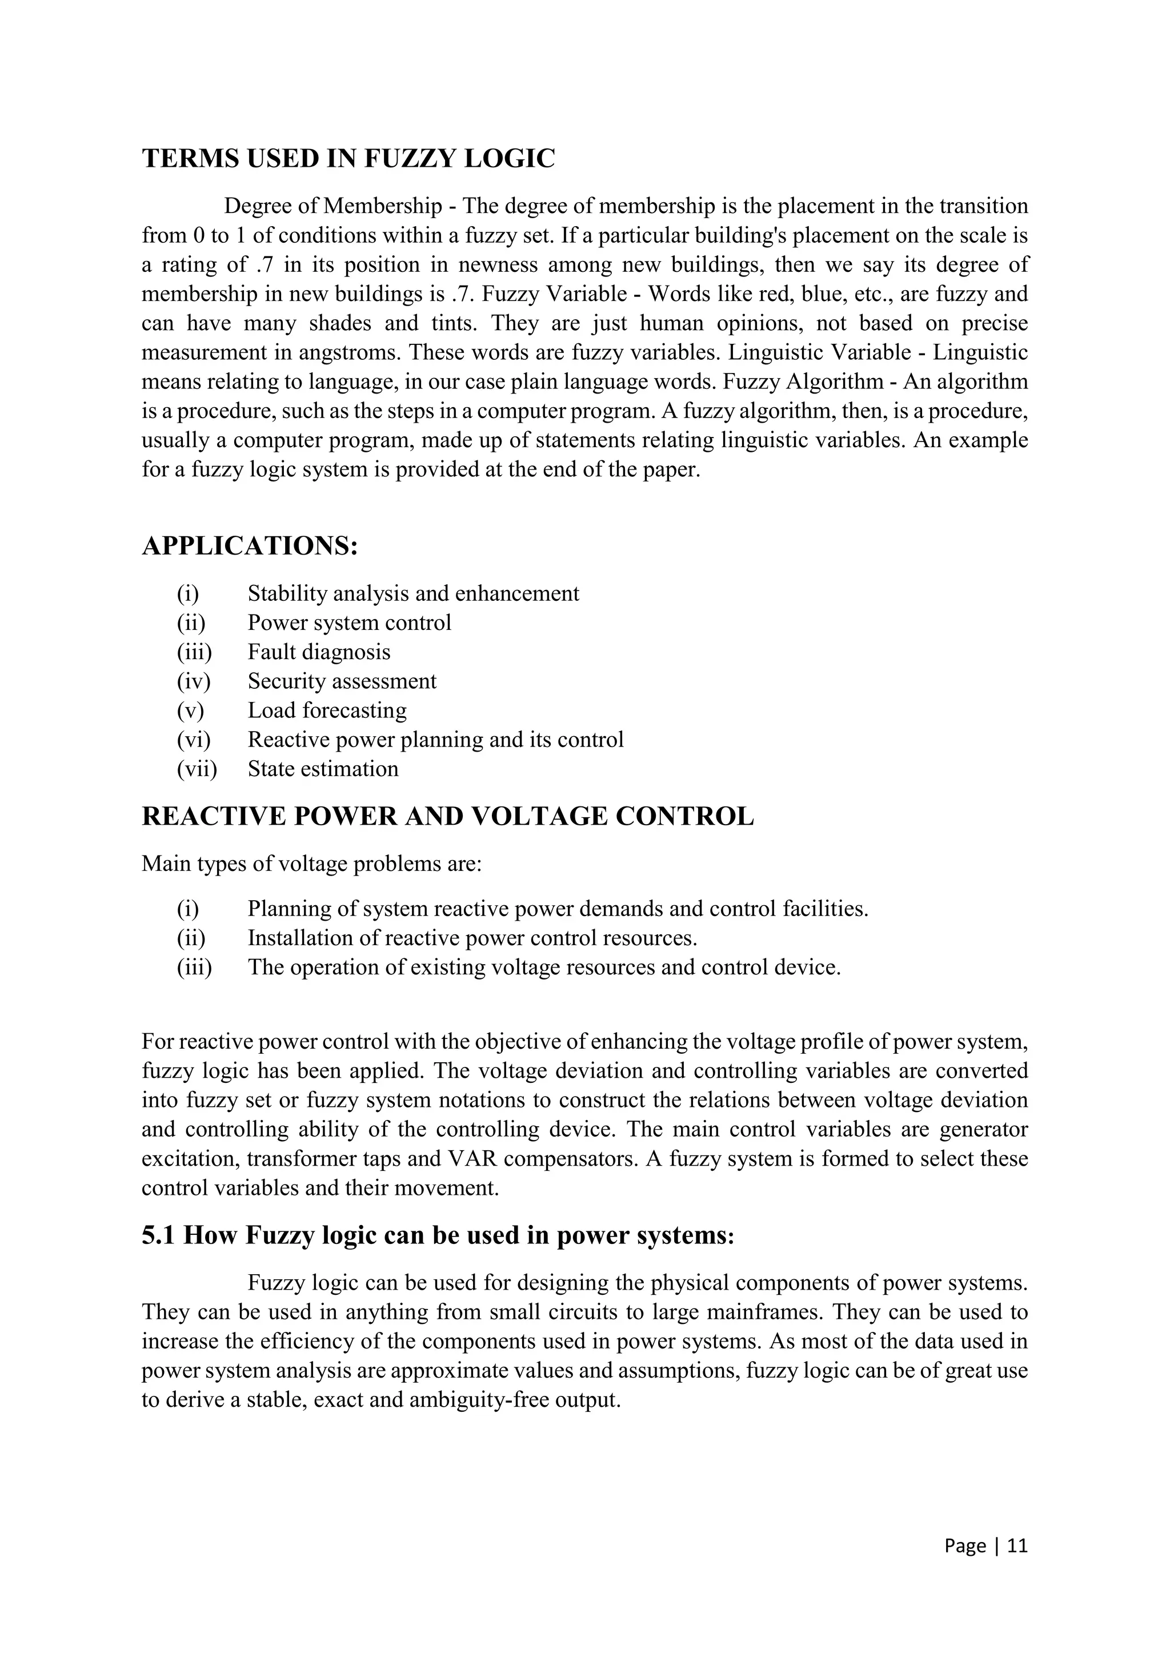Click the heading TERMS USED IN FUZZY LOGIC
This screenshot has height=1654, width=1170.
tap(348, 158)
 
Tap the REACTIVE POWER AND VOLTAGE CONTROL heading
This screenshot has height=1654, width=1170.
tap(447, 816)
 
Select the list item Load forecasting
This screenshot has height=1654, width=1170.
tap(327, 710)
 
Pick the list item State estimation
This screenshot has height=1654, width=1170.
tap(323, 769)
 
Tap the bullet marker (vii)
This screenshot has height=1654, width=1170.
tap(197, 769)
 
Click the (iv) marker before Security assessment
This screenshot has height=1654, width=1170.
tap(193, 681)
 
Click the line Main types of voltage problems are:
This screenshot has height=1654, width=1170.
tap(311, 863)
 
